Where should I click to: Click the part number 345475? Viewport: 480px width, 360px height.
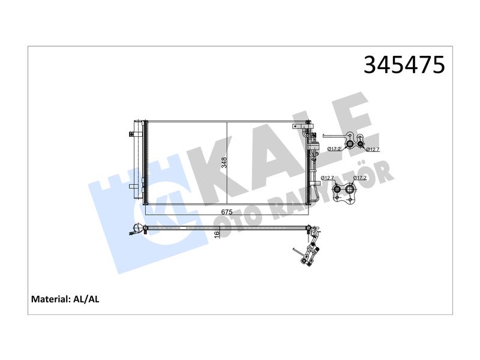point(404,65)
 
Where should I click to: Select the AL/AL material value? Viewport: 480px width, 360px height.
point(86,299)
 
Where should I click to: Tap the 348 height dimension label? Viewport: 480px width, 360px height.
point(224,163)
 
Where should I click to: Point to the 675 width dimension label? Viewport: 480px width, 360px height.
point(227,212)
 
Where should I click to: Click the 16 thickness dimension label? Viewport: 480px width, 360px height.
point(217,234)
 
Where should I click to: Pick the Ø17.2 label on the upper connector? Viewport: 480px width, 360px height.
point(334,149)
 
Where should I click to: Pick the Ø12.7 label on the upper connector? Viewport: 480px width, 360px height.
point(373,149)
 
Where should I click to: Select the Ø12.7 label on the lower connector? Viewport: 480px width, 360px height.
point(328,178)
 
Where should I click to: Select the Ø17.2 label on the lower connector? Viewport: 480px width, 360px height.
point(360,178)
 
